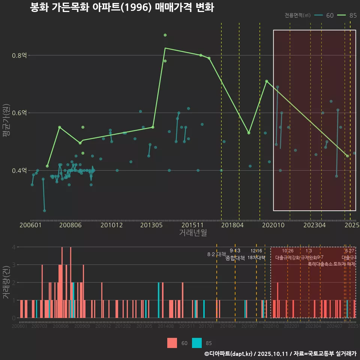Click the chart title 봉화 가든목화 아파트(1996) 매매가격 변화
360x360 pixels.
pyautogui.click(x=122, y=8)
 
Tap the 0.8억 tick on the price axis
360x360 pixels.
pyautogui.click(x=19, y=55)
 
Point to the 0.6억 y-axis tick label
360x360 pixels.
pyautogui.click(x=19, y=113)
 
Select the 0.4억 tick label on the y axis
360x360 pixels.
pyautogui.click(x=19, y=171)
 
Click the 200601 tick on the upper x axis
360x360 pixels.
pyautogui.click(x=30, y=225)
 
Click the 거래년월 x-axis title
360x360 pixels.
pyautogui.click(x=193, y=233)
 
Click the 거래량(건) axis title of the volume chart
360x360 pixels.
pyautogui.click(x=6, y=282)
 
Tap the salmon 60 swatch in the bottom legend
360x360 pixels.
pyautogui.click(x=172, y=343)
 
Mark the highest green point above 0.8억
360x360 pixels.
pyautogui.click(x=165, y=35)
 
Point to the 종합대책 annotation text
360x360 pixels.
pyautogui.click(x=235, y=258)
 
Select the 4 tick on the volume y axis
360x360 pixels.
pyautogui.click(x=14, y=247)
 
